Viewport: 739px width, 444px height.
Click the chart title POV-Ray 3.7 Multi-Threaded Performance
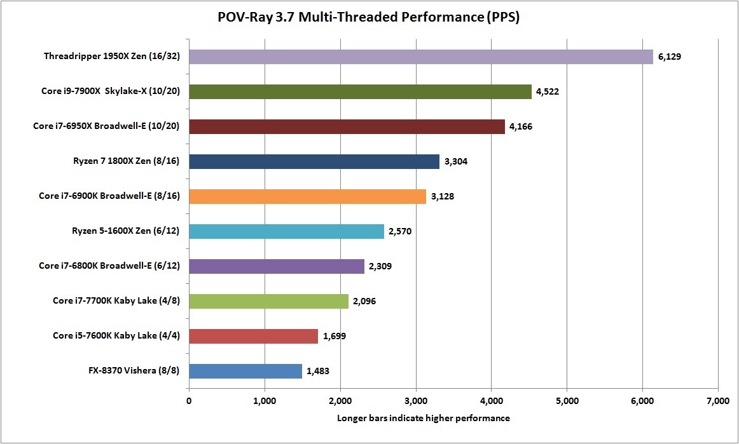[x=369, y=18]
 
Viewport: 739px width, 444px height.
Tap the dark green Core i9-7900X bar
[x=360, y=91]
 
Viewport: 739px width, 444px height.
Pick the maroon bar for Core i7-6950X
[x=347, y=126]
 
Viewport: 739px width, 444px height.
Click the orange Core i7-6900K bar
[x=307, y=196]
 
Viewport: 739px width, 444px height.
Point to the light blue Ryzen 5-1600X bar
[x=286, y=231]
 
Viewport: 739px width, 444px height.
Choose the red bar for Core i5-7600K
[x=253, y=336]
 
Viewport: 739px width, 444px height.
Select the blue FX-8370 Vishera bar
[x=245, y=371]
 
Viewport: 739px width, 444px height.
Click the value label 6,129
[x=670, y=57]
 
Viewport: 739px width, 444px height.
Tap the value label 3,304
[x=456, y=161]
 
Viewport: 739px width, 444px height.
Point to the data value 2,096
[x=365, y=301]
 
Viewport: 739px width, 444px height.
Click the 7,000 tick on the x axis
[x=717, y=401]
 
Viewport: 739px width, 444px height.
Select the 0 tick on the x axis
[x=189, y=401]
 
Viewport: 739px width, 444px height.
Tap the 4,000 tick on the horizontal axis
[x=491, y=401]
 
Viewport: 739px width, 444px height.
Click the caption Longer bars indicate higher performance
[x=423, y=418]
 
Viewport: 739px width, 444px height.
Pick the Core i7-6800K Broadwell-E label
[x=109, y=266]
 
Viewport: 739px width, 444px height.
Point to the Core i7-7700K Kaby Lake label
[x=116, y=301]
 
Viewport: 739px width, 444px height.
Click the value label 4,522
[x=547, y=91]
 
